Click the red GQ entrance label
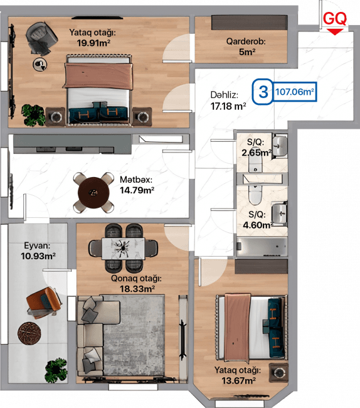(335, 18)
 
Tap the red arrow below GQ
(335, 32)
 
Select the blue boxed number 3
(263, 92)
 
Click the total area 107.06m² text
(295, 92)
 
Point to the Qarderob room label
(246, 41)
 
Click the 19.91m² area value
(93, 43)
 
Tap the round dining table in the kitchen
(93, 193)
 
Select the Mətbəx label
(136, 180)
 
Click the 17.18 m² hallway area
(228, 106)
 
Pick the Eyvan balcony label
(37, 245)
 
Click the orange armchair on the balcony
(44, 303)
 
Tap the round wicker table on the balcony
(29, 333)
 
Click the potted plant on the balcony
(56, 370)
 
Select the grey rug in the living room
(134, 335)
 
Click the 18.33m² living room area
(137, 289)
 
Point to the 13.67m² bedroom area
(238, 380)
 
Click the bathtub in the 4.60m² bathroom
(262, 246)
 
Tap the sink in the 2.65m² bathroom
(280, 146)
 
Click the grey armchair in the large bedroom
(41, 38)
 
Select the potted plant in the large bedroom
(33, 115)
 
